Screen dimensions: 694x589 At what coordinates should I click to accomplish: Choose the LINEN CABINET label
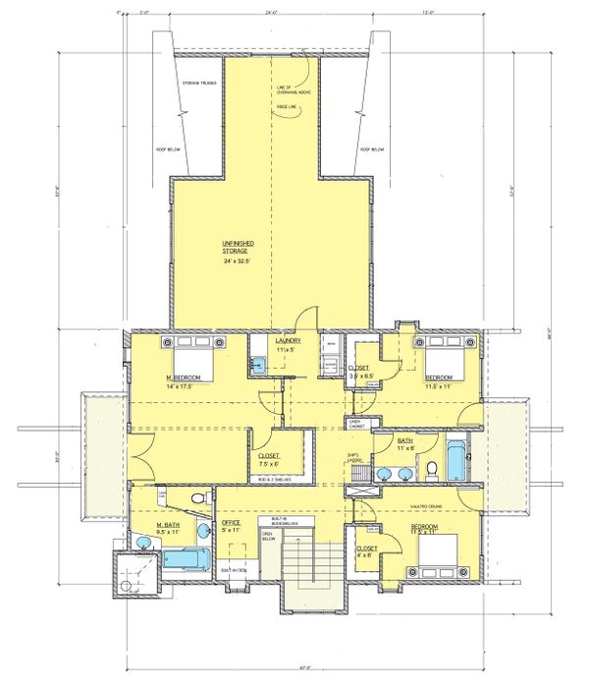[x=358, y=423]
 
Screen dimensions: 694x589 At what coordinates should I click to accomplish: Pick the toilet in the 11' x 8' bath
[x=429, y=472]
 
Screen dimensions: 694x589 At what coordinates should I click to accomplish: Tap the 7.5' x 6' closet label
[x=269, y=460]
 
